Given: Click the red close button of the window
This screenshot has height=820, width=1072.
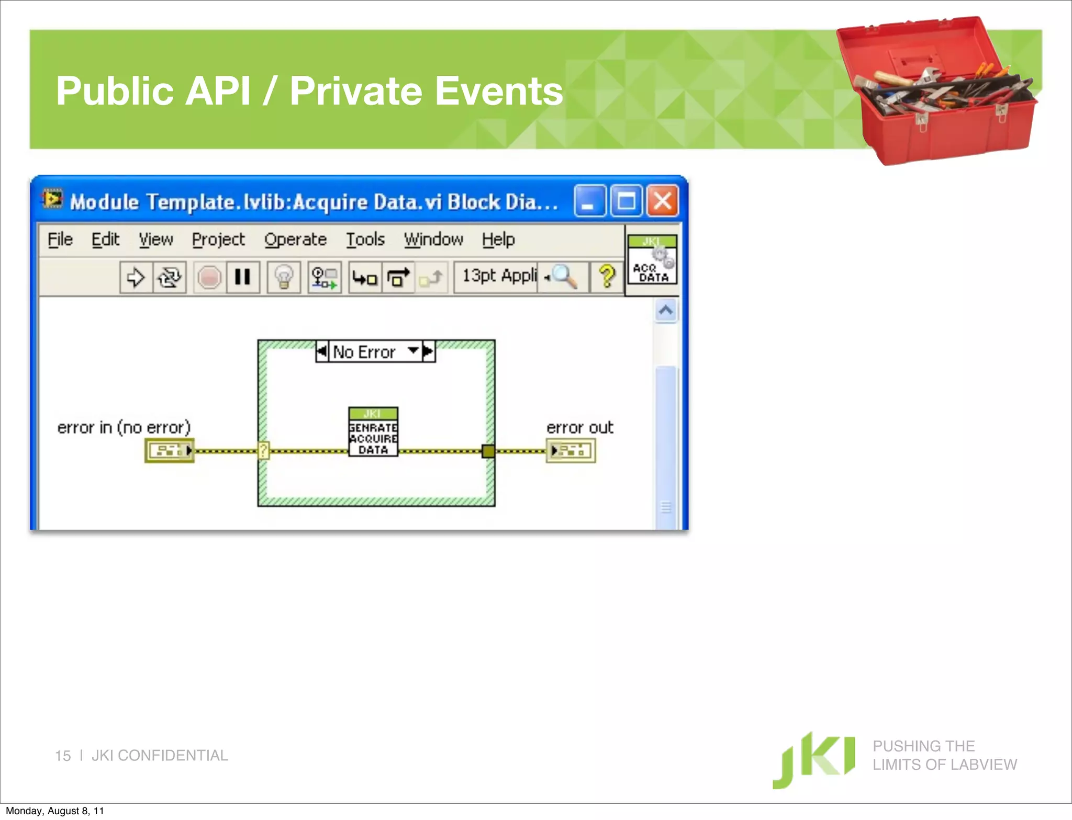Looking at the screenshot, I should pyautogui.click(x=663, y=201).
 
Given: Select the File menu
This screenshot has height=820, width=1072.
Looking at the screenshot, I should pyautogui.click(x=60, y=240).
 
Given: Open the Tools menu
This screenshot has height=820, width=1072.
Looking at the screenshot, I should pyautogui.click(x=365, y=240).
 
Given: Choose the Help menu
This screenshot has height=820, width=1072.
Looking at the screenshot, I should pyautogui.click(x=498, y=240).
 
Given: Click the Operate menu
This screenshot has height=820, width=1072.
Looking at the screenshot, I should pyautogui.click(x=295, y=240).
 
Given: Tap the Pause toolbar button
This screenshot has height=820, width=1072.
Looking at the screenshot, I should pyautogui.click(x=242, y=277).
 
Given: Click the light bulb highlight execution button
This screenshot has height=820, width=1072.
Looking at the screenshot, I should pyautogui.click(x=284, y=277).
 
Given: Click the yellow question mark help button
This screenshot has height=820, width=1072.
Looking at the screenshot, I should pyautogui.click(x=607, y=277).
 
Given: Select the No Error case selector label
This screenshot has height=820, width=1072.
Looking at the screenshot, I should pyautogui.click(x=364, y=352).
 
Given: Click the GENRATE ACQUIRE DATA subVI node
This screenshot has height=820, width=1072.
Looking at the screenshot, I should pyautogui.click(x=373, y=432).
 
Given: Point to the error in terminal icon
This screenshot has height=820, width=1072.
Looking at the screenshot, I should pyautogui.click(x=169, y=450).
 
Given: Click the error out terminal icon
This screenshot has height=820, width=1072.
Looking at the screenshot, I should pyautogui.click(x=571, y=450).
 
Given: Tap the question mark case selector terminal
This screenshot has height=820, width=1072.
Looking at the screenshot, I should pyautogui.click(x=263, y=450).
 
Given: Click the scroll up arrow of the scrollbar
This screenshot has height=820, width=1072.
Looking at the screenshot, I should pyautogui.click(x=666, y=311).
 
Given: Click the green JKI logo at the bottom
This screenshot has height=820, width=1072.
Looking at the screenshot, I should pyautogui.click(x=814, y=759).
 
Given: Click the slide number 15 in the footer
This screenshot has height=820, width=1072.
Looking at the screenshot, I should pyautogui.click(x=62, y=756).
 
